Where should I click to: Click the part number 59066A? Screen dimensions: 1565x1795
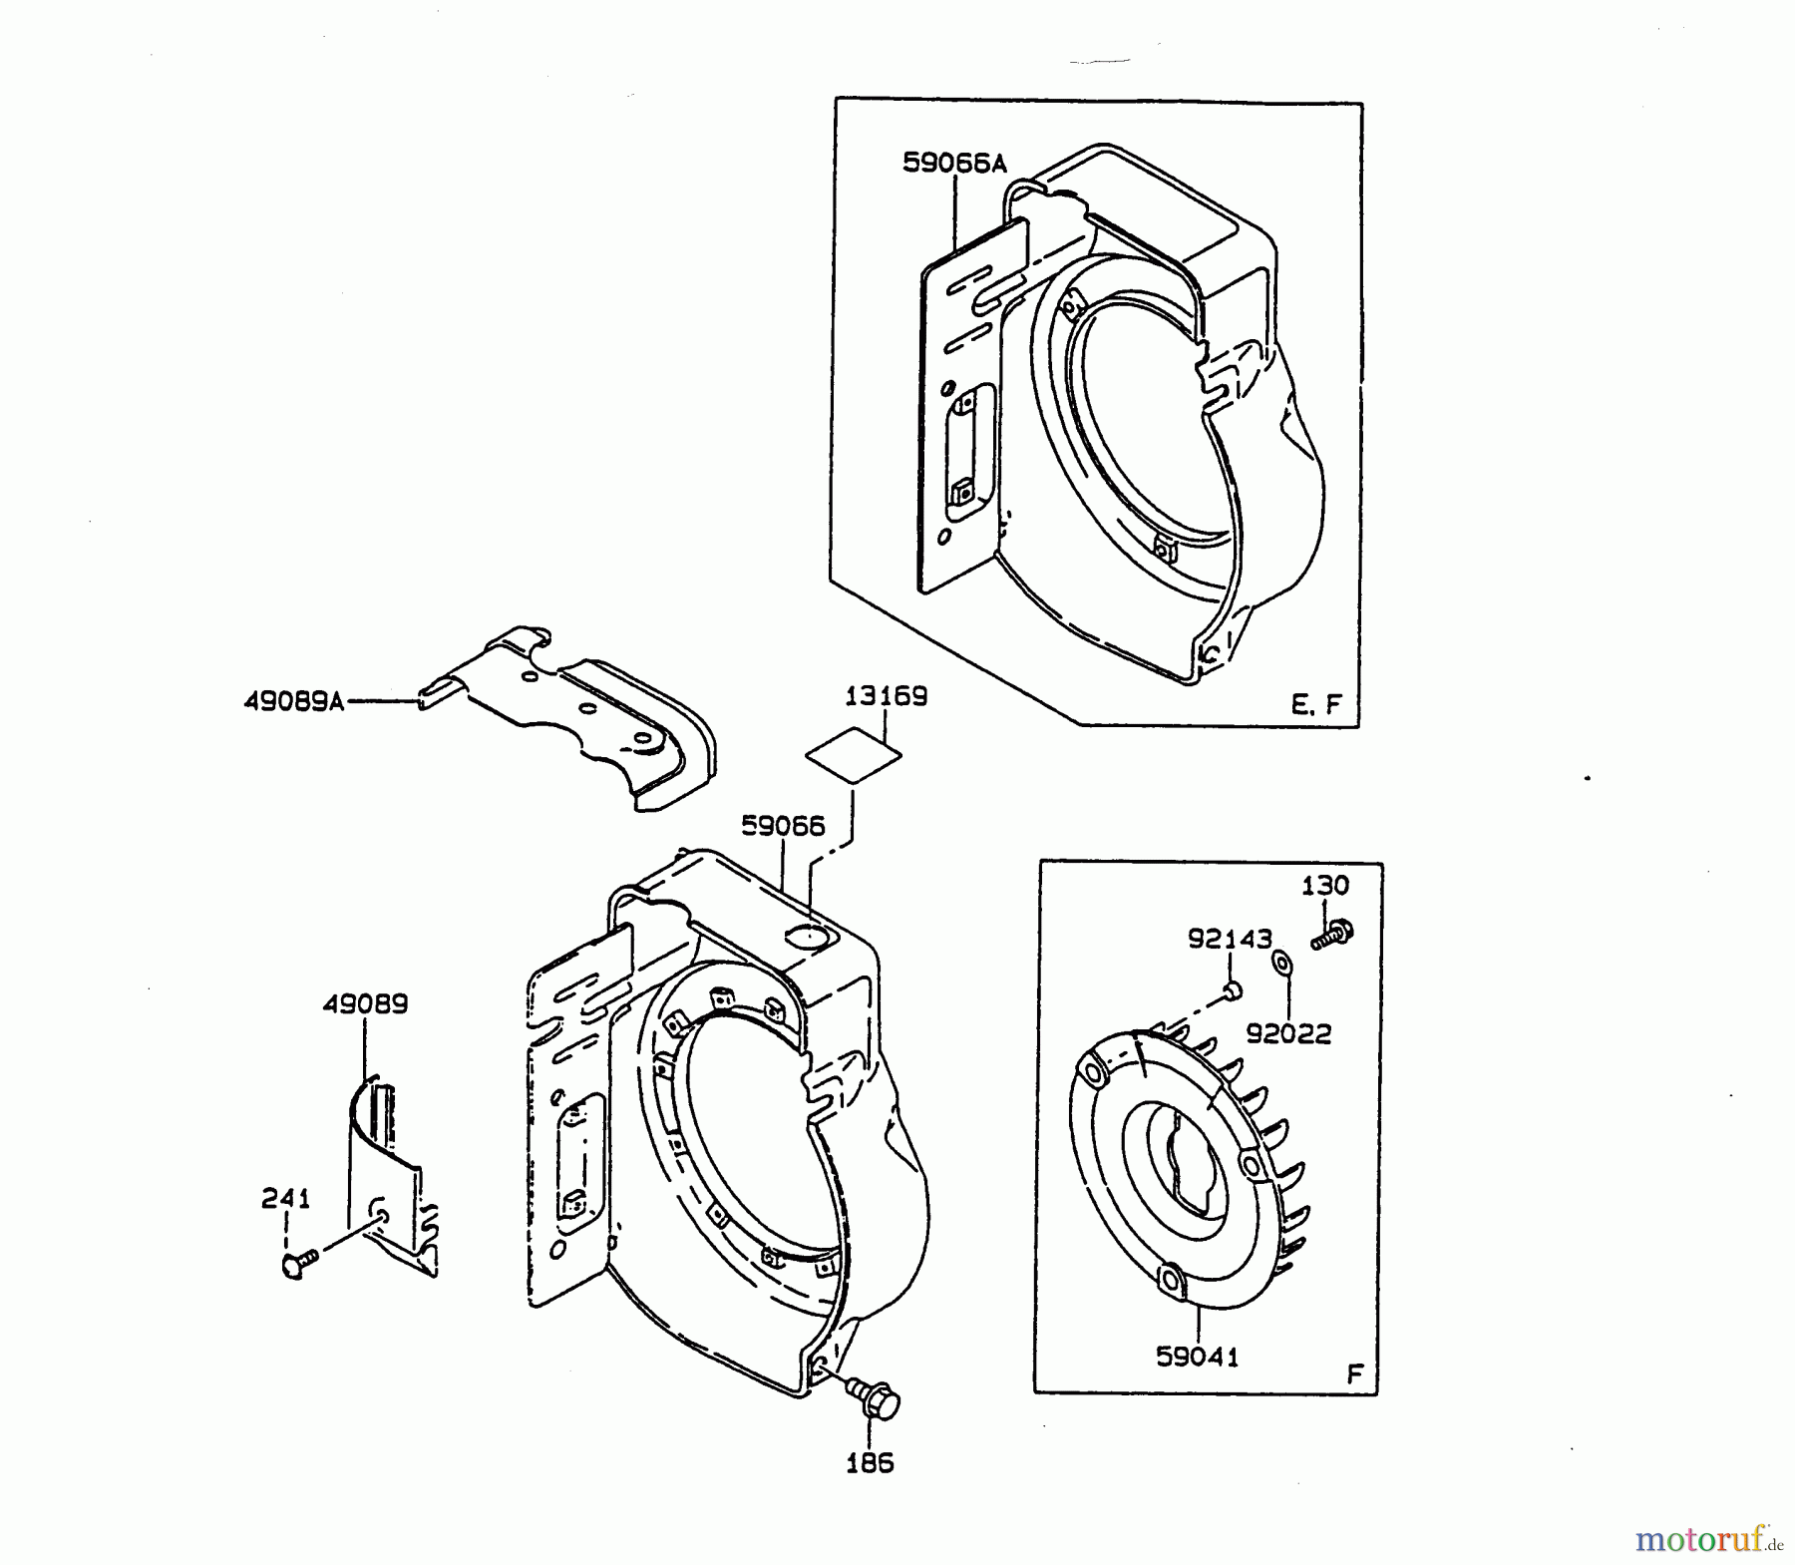953,163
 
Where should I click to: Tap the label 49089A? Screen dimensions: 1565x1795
293,702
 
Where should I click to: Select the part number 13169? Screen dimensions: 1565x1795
886,696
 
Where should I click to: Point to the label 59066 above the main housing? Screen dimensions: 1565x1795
783,827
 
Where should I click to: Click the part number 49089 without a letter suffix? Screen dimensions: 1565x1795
364,1004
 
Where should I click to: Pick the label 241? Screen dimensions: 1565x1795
286,1199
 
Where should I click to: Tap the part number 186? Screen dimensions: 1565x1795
870,1464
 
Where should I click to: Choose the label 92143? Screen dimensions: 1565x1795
1230,939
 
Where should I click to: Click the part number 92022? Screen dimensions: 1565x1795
1288,1034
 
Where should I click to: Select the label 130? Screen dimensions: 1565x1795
1325,885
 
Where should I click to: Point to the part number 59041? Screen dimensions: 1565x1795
1197,1357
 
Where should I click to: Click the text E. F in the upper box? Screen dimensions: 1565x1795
1316,705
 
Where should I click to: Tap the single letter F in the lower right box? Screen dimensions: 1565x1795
1354,1373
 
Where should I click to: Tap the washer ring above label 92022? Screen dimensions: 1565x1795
1281,963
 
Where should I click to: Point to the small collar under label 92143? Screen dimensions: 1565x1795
1232,989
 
